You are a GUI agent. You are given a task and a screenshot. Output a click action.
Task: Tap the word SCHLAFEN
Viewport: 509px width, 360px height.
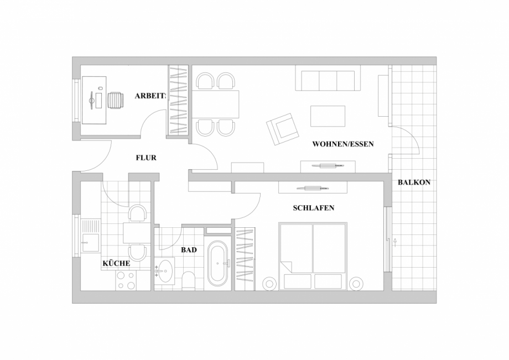click(314, 208)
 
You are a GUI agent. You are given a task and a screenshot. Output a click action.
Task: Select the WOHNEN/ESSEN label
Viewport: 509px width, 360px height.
click(343, 144)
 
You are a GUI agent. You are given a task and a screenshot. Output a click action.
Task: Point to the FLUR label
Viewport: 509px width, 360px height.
click(146, 158)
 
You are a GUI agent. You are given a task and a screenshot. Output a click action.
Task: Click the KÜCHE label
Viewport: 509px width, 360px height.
click(116, 263)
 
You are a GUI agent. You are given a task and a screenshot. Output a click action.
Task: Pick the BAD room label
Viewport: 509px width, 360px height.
click(189, 250)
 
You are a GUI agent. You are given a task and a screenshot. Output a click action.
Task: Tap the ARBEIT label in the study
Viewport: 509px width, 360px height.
click(150, 96)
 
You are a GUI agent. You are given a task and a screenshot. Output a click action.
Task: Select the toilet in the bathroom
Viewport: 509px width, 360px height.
click(188, 280)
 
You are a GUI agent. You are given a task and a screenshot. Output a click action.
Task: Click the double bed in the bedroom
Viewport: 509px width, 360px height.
click(313, 255)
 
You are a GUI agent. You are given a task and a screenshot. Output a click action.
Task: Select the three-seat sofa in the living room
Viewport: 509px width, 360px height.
click(328, 78)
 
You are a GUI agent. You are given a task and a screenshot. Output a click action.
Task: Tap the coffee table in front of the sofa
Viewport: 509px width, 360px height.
click(328, 116)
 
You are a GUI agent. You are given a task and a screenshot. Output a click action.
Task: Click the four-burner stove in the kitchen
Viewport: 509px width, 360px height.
click(126, 280)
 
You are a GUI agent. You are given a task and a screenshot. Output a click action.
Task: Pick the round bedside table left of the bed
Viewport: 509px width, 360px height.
click(269, 283)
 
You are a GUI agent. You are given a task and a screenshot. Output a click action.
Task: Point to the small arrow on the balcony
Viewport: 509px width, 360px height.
click(395, 241)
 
